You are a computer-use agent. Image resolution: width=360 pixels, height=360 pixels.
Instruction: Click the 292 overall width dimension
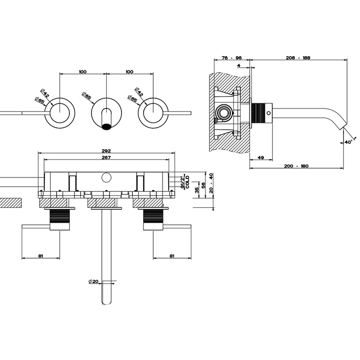click(106, 151)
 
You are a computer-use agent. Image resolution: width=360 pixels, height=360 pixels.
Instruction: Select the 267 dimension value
click(106, 158)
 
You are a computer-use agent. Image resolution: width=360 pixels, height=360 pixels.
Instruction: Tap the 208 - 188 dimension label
click(298, 58)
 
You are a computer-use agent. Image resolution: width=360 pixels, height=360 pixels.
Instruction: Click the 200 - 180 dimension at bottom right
click(296, 166)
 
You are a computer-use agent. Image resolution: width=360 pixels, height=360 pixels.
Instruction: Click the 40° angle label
click(348, 142)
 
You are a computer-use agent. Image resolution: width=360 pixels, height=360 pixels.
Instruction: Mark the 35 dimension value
click(197, 190)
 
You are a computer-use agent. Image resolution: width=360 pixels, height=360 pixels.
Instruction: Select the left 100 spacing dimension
click(83, 71)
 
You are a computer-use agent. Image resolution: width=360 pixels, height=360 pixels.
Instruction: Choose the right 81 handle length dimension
click(172, 256)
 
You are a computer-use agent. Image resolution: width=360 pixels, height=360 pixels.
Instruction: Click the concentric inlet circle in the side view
click(224, 113)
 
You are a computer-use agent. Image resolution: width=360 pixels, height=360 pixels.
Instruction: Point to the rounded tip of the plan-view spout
click(106, 301)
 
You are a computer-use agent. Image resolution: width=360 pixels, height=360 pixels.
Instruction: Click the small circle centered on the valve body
click(106, 178)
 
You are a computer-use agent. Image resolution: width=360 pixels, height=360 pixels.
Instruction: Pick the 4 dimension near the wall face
click(239, 65)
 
